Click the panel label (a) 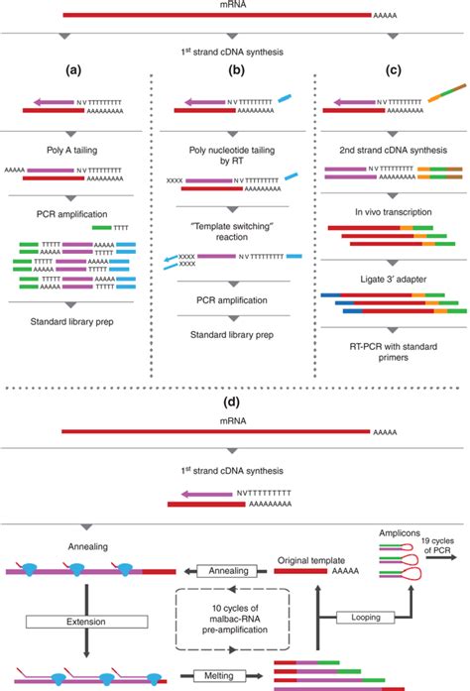click(x=72, y=71)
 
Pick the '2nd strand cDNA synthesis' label click(x=386, y=149)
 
